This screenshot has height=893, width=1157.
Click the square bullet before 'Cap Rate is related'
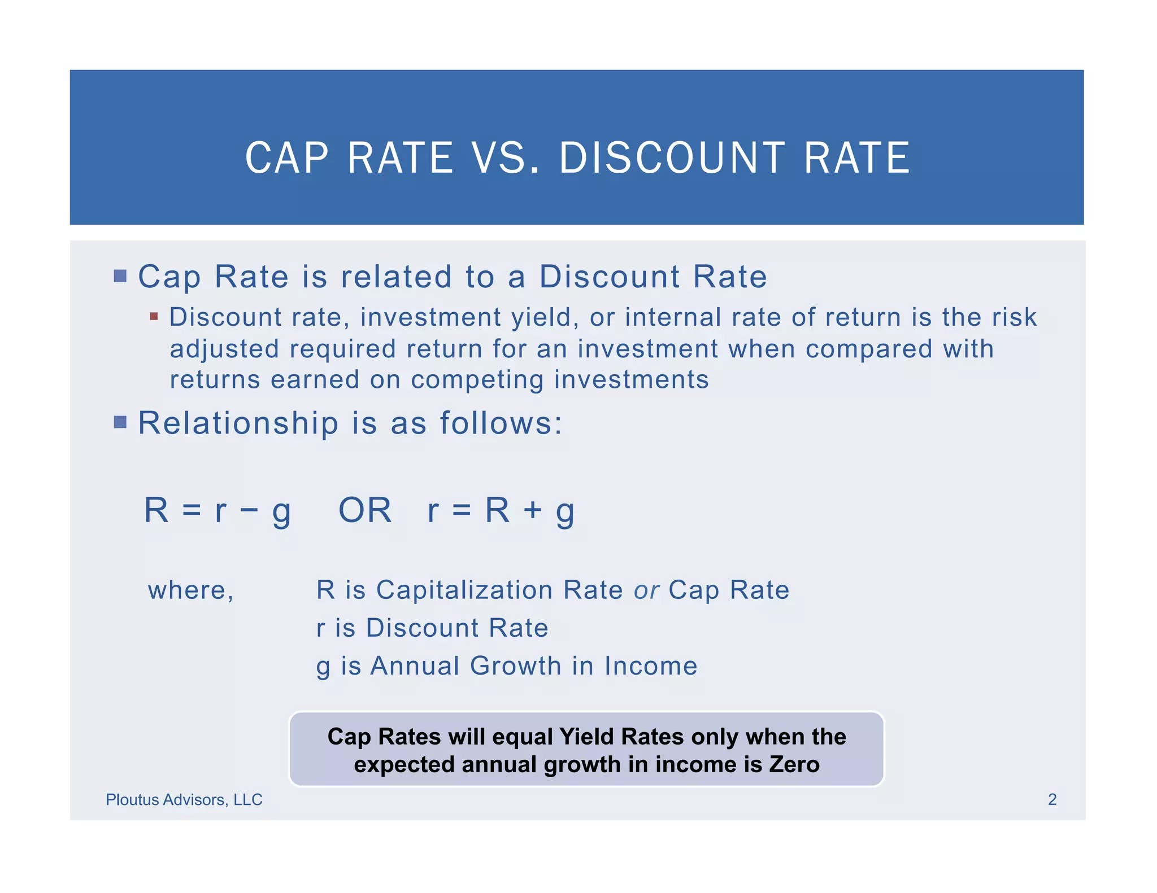pos(120,276)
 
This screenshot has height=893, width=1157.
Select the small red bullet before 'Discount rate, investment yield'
pos(154,317)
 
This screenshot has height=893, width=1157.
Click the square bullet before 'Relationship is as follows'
pos(120,422)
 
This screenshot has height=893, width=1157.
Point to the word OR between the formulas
pos(365,510)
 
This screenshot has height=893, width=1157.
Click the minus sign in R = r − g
pos(249,511)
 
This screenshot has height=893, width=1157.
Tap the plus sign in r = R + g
pos(532,511)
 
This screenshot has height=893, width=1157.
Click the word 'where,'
pos(191,590)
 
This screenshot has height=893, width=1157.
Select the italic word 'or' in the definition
pos(646,591)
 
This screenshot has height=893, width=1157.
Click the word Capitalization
pos(464,590)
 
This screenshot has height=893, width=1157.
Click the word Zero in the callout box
pos(794,764)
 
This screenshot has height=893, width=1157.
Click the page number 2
pos(1052,799)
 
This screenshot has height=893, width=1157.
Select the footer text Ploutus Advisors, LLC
pos(184,799)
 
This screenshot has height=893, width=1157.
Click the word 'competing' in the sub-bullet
pos(477,380)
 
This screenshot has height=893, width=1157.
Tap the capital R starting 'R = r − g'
pos(156,510)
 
